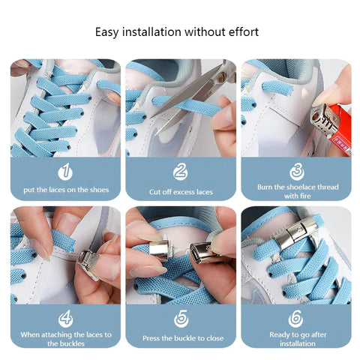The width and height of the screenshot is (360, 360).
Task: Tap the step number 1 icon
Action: [65, 172]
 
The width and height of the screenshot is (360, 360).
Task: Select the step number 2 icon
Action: [180, 172]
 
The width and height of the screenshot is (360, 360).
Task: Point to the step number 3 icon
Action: [295, 172]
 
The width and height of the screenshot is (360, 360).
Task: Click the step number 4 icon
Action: [65, 318]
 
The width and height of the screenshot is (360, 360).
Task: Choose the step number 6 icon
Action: [295, 318]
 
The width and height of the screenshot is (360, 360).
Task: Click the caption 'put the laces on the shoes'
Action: [65, 190]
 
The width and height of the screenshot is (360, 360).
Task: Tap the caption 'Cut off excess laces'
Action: [181, 192]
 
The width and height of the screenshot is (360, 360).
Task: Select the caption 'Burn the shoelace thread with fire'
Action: [295, 191]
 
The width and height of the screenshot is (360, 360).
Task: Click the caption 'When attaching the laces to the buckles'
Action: [65, 338]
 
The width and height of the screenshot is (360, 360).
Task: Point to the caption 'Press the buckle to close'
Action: [181, 338]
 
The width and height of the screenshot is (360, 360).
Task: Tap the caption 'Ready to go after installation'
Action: [295, 338]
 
